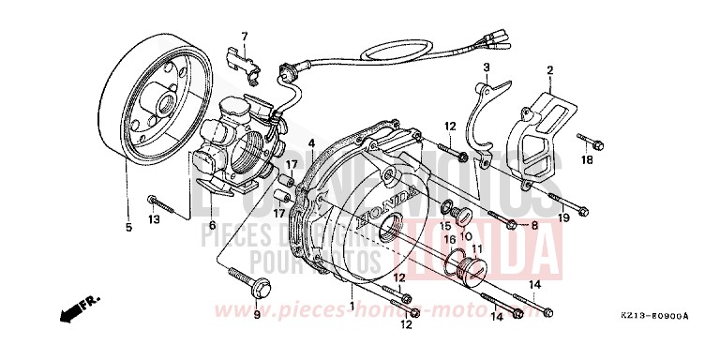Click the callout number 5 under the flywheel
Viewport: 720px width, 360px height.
point(127,201)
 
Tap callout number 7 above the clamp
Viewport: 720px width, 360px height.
point(244,37)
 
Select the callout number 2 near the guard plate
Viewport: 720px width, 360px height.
point(487,67)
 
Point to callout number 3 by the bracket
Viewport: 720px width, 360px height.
point(310,142)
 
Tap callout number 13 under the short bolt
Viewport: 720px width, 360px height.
point(154,218)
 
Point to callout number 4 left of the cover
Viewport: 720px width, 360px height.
point(310,142)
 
